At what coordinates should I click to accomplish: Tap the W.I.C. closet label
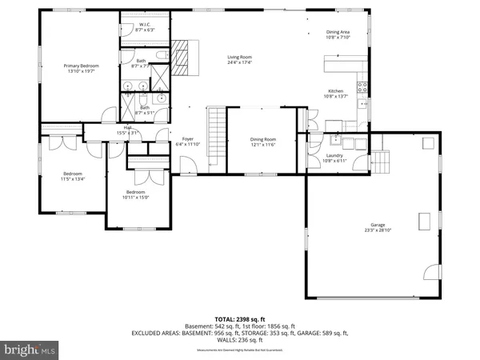145,25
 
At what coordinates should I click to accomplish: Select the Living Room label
239,58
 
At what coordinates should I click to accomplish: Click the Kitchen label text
335,91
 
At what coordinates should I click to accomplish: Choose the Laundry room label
335,156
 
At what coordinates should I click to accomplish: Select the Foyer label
187,139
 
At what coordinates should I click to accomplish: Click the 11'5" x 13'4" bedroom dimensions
73,179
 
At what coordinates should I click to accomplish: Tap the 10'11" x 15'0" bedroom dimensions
135,197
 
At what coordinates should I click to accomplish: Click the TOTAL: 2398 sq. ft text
240,318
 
